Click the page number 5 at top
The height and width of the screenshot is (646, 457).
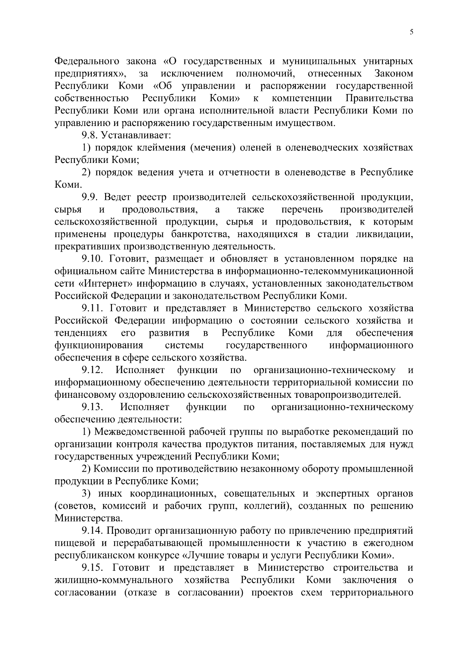[x=411, y=32]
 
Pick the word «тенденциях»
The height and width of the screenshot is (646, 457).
[x=81, y=333]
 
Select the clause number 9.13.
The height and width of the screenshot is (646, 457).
[x=93, y=407]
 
